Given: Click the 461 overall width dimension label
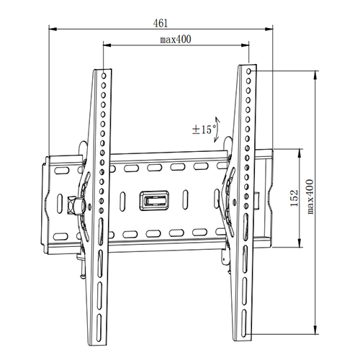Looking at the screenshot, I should pos(162,22).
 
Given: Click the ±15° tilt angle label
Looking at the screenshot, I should pos(204,130).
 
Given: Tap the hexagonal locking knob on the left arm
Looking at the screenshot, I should pos(73,204).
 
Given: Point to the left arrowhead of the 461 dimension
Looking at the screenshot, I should pos(51,30).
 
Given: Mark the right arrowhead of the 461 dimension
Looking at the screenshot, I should pos(273,30).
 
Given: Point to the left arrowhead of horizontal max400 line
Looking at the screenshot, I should pos(107,45).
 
